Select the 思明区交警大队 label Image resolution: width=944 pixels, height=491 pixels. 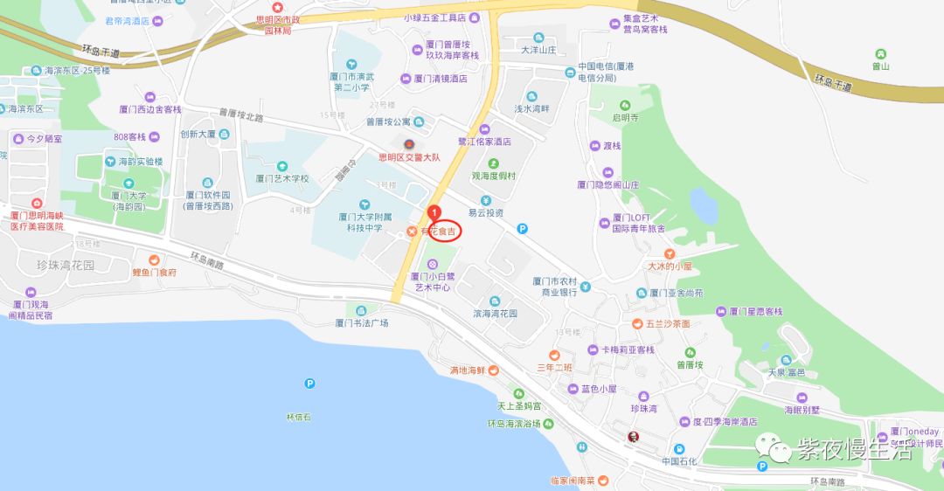tap(408, 158)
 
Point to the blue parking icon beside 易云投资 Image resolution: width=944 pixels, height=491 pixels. tap(523, 229)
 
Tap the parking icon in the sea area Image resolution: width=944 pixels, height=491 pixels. tap(309, 383)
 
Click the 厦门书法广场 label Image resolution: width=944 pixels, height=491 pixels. tap(362, 322)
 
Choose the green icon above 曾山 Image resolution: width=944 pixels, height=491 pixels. tap(879, 53)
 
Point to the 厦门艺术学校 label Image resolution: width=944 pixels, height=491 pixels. tap(282, 177)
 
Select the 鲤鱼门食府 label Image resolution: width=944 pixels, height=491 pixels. tap(155, 272)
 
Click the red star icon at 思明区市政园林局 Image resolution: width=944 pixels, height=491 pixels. tap(278, 7)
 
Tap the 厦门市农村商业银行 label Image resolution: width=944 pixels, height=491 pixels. tap(554, 287)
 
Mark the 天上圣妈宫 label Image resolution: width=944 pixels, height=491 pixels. tap(519, 406)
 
